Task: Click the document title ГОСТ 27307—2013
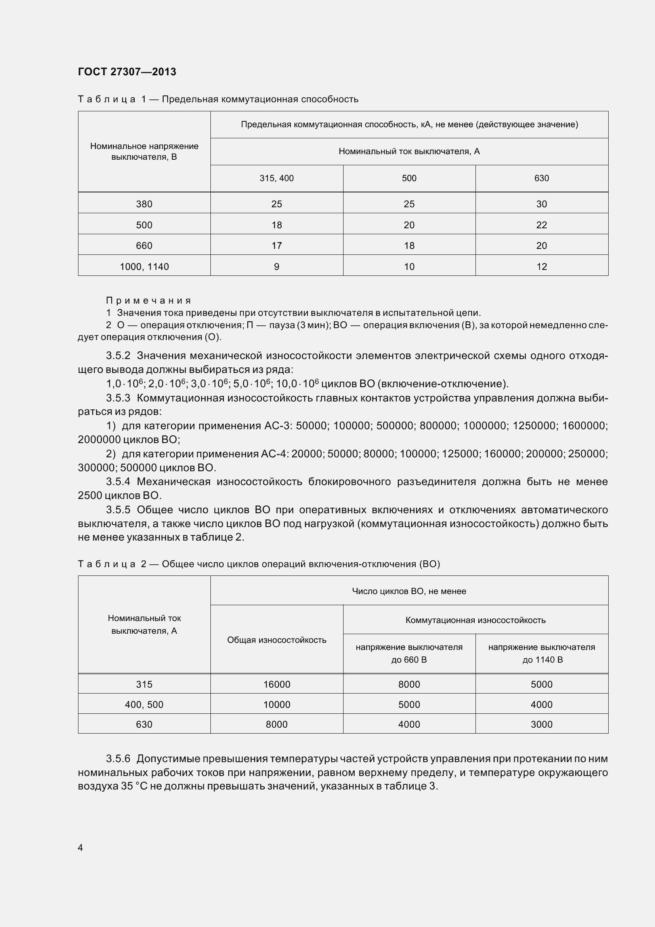[127, 72]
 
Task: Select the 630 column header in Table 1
[541, 178]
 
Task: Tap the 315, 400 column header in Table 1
[277, 178]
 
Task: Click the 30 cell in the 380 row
[541, 204]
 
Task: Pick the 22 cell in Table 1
[541, 225]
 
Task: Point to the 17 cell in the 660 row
[277, 245]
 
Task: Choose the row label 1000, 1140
[144, 266]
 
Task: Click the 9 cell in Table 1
[277, 266]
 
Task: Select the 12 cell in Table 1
[541, 266]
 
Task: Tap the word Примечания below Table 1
[148, 300]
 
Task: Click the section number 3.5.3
[118, 398]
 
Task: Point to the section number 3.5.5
[118, 510]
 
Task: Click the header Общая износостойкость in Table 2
[277, 640]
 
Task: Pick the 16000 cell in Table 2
[277, 684]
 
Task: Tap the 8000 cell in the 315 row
[409, 684]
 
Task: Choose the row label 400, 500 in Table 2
[144, 705]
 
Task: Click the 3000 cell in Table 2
[541, 724]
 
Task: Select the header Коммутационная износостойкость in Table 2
[475, 620]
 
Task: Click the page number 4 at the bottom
[80, 847]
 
